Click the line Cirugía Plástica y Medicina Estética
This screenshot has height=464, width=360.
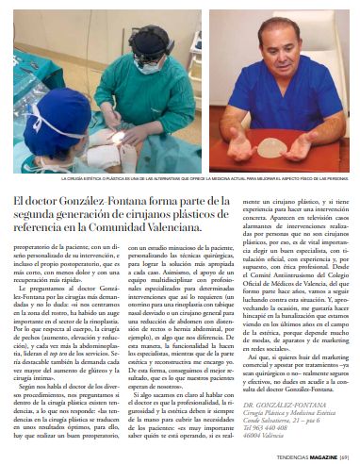pyautogui.click(x=286, y=411)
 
